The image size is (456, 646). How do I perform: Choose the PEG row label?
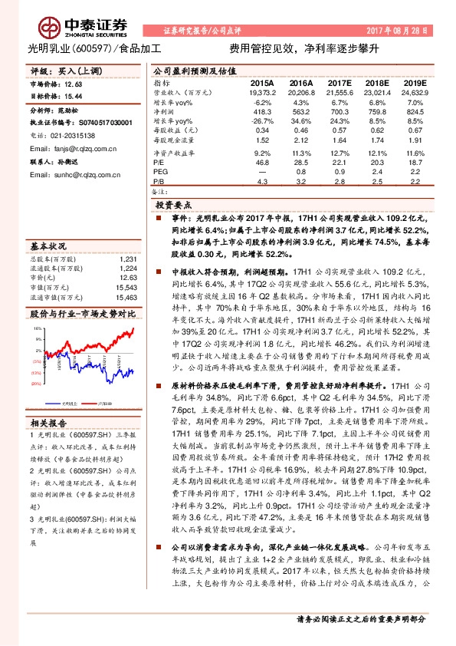tap(159, 172)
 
